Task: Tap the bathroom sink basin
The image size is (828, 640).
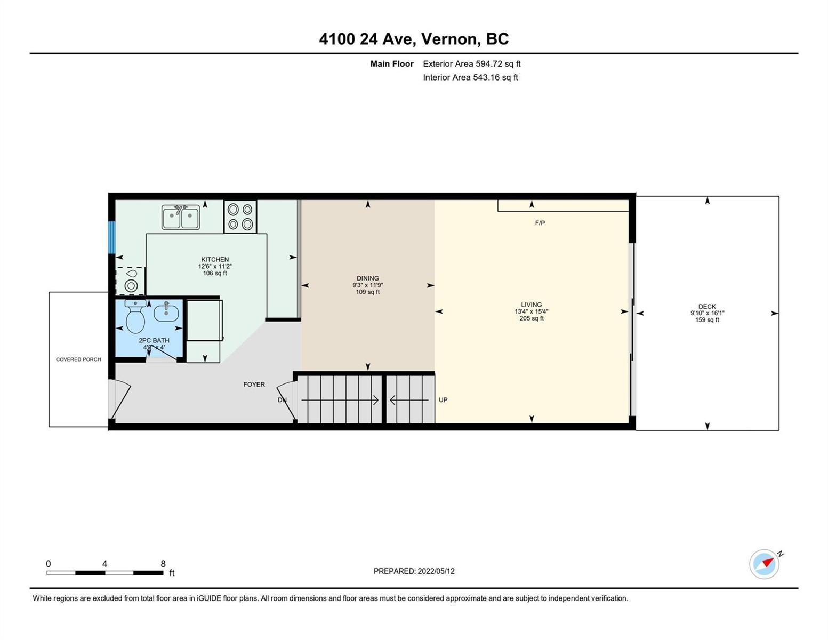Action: coord(166,313)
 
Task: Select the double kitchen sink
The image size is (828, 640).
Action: coord(181,217)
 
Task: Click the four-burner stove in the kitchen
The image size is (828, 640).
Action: coord(240,216)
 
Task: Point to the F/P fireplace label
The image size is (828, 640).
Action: coord(540,223)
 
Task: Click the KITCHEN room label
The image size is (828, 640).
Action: coord(215,259)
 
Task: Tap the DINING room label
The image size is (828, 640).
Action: coord(368,278)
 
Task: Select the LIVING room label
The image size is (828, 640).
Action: coord(532,305)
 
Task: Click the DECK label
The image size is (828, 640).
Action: coord(707,306)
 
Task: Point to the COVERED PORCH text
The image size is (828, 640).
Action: coord(78,359)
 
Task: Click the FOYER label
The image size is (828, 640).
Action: coord(254,384)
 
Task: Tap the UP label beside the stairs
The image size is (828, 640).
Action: coord(443,400)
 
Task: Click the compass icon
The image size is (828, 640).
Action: coord(764,564)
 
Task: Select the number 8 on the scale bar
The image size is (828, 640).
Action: coord(163,564)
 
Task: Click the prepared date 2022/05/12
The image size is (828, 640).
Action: coord(436,571)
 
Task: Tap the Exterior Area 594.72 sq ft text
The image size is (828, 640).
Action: coord(472,63)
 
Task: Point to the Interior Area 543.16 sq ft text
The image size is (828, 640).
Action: coord(471,77)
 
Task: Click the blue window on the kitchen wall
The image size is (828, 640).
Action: coord(111,237)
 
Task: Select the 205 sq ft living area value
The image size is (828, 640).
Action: coord(532,318)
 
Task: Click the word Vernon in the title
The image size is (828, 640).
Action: coord(449,39)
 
